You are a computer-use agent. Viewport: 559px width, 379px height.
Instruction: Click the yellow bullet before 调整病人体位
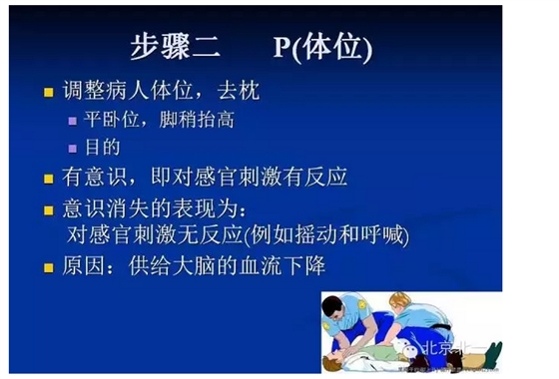tap(47, 93)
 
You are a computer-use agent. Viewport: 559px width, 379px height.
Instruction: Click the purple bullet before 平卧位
tap(71, 121)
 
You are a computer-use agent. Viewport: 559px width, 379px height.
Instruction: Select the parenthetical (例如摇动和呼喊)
tap(326, 236)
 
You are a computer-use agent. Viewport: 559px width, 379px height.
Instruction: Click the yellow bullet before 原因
tap(47, 268)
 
